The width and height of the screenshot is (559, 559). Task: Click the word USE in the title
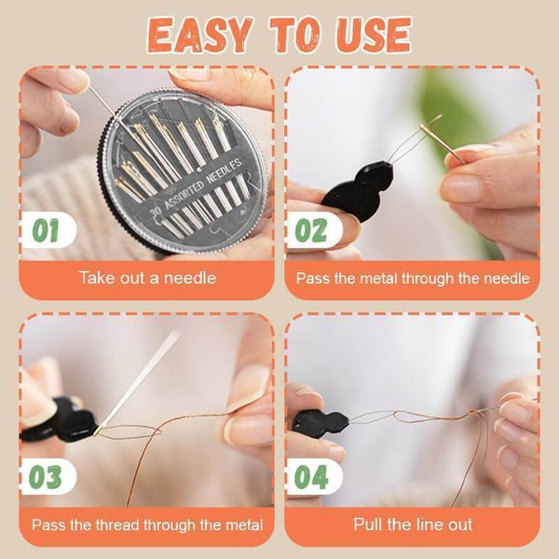tap(371, 34)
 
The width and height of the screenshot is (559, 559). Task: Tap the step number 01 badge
tap(46, 230)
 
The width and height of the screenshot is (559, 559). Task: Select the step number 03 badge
tap(46, 476)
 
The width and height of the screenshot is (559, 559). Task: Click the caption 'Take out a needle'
tap(146, 278)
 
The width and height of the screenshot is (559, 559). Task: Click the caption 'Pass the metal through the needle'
tap(412, 278)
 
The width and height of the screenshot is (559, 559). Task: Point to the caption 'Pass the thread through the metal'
tap(146, 524)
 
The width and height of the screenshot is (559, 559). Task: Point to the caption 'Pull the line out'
tap(412, 524)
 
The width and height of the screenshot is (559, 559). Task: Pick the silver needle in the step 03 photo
tap(140, 382)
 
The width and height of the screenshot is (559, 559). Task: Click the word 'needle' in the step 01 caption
tap(192, 278)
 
